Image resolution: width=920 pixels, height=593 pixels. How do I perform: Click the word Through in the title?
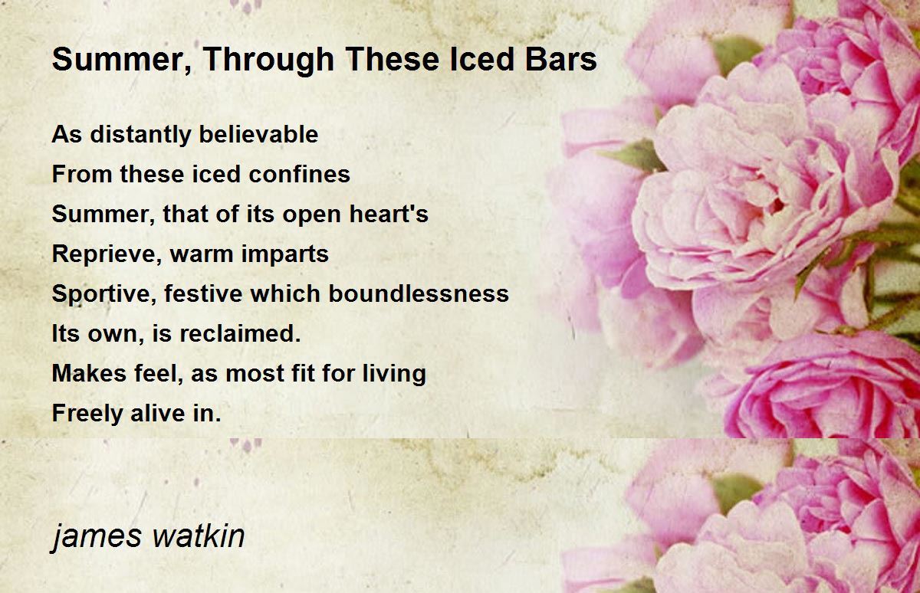[268, 60]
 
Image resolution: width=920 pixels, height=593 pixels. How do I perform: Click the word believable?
[259, 134]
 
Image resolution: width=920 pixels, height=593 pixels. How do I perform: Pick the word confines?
[300, 174]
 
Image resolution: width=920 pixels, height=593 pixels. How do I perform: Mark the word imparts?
[284, 254]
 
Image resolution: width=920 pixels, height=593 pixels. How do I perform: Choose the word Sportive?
[104, 294]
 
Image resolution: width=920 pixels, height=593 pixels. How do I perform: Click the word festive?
[203, 293]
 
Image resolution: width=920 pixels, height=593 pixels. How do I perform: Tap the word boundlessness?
[419, 293]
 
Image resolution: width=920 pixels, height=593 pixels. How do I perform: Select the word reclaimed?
[240, 333]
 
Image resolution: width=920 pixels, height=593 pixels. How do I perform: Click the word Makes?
[89, 373]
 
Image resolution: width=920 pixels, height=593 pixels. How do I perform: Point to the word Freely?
[87, 414]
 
